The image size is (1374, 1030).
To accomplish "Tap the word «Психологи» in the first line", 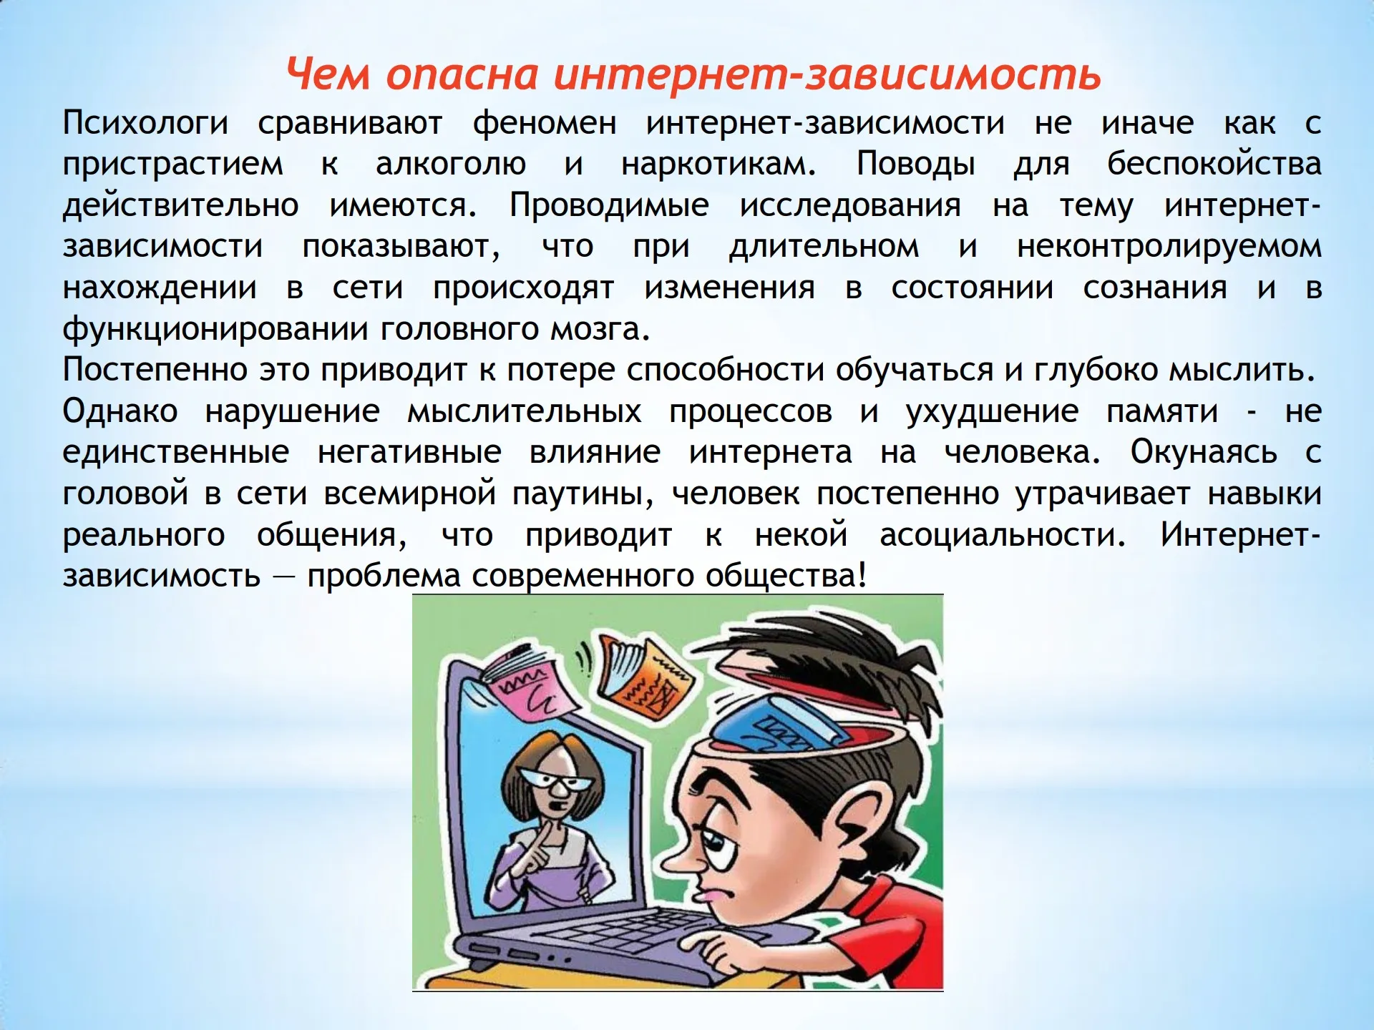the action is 145,123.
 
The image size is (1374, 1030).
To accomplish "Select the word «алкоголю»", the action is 451,164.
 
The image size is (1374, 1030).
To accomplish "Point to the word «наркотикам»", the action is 718,164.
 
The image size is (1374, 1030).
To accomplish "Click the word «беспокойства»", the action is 1214,164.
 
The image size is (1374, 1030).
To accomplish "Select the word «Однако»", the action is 120,411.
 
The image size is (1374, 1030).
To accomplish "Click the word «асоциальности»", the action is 1003,535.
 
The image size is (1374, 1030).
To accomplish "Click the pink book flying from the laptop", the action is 530,683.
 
